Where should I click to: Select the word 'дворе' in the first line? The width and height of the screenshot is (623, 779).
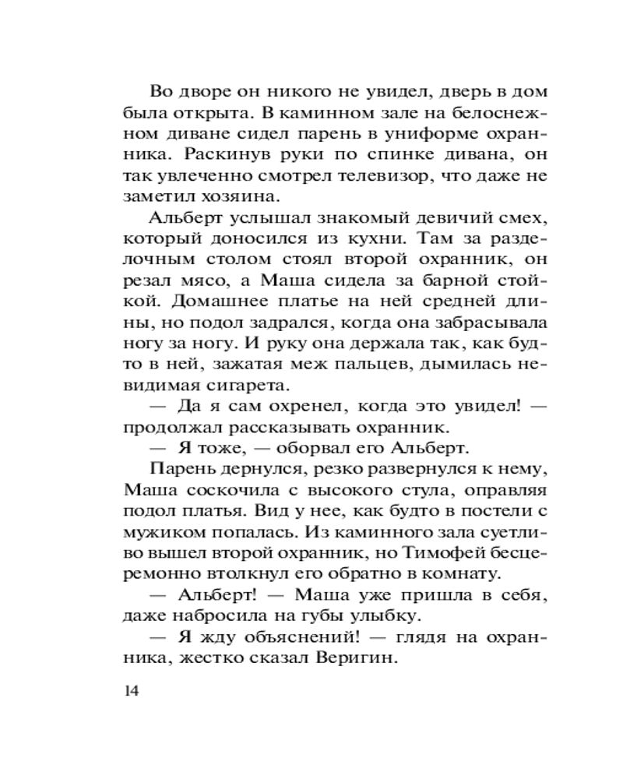tap(202, 93)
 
